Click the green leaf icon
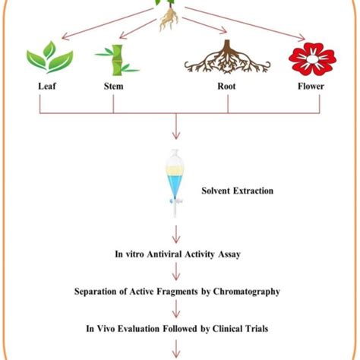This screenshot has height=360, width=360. (x=49, y=58)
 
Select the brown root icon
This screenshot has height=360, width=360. (x=226, y=58)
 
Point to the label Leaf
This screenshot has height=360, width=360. (x=47, y=87)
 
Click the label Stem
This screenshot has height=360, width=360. (x=114, y=87)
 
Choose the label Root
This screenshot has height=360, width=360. (x=226, y=87)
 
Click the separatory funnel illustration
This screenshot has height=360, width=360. (x=175, y=181)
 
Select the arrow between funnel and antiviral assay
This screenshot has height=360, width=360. (x=176, y=232)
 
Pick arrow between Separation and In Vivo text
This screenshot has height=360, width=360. (x=176, y=309)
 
